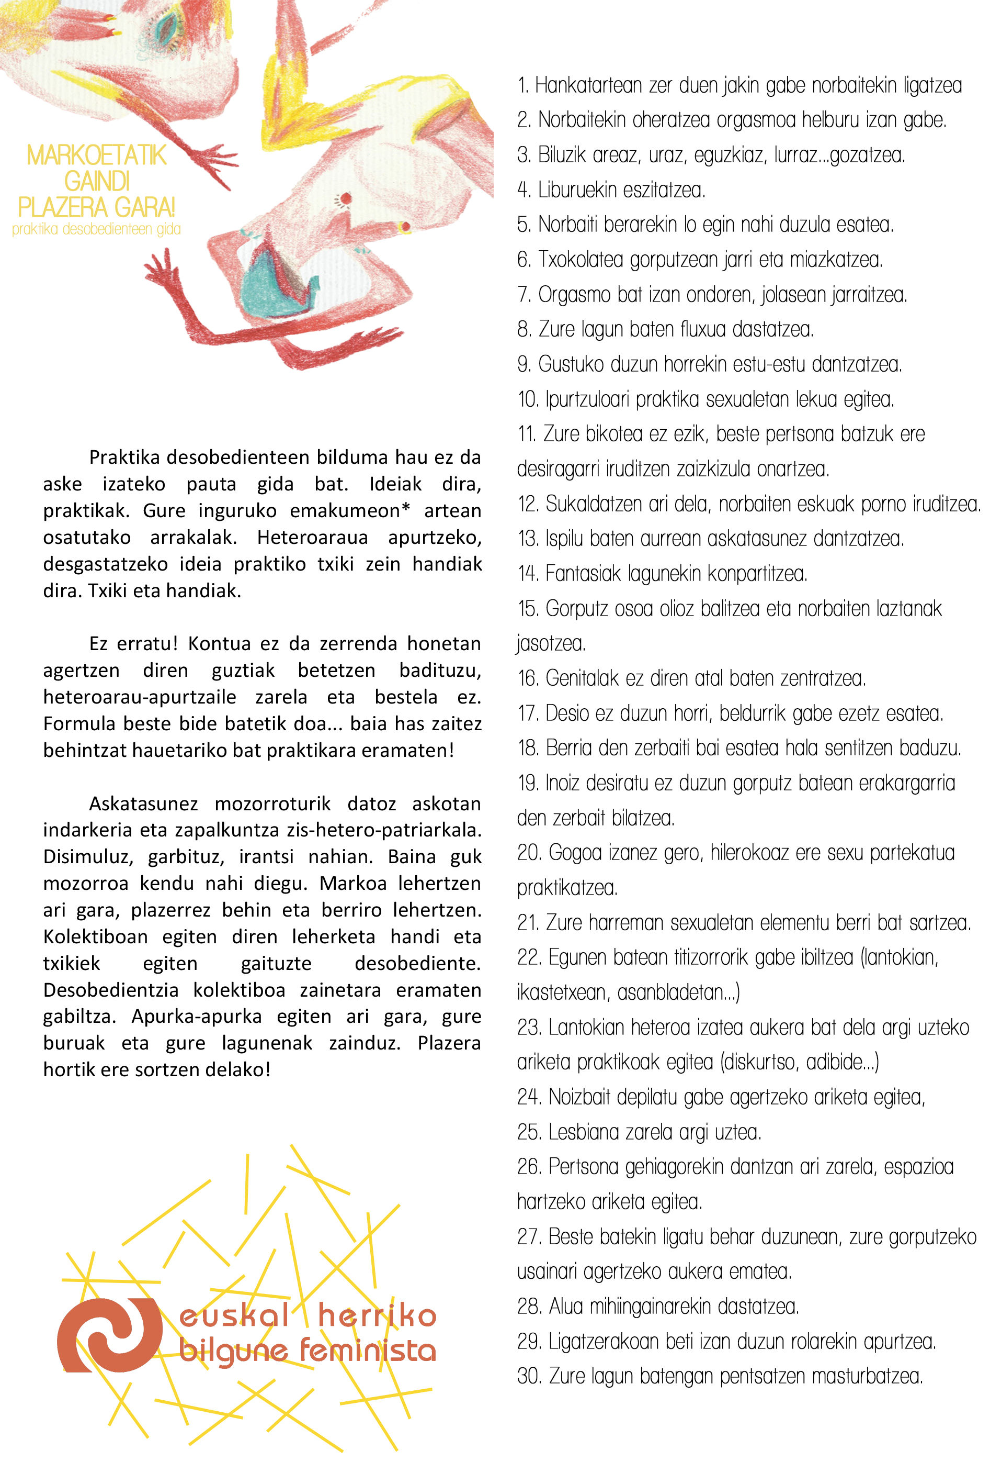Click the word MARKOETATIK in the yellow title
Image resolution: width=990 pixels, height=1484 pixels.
pyautogui.click(x=97, y=155)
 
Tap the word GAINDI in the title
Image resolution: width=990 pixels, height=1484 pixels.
pyautogui.click(x=97, y=182)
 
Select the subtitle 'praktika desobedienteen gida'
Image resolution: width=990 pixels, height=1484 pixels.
pyautogui.click(x=97, y=229)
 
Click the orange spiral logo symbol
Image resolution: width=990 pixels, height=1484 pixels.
pyautogui.click(x=109, y=1335)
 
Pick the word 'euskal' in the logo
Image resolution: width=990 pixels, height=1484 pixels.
pyautogui.click(x=234, y=1315)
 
